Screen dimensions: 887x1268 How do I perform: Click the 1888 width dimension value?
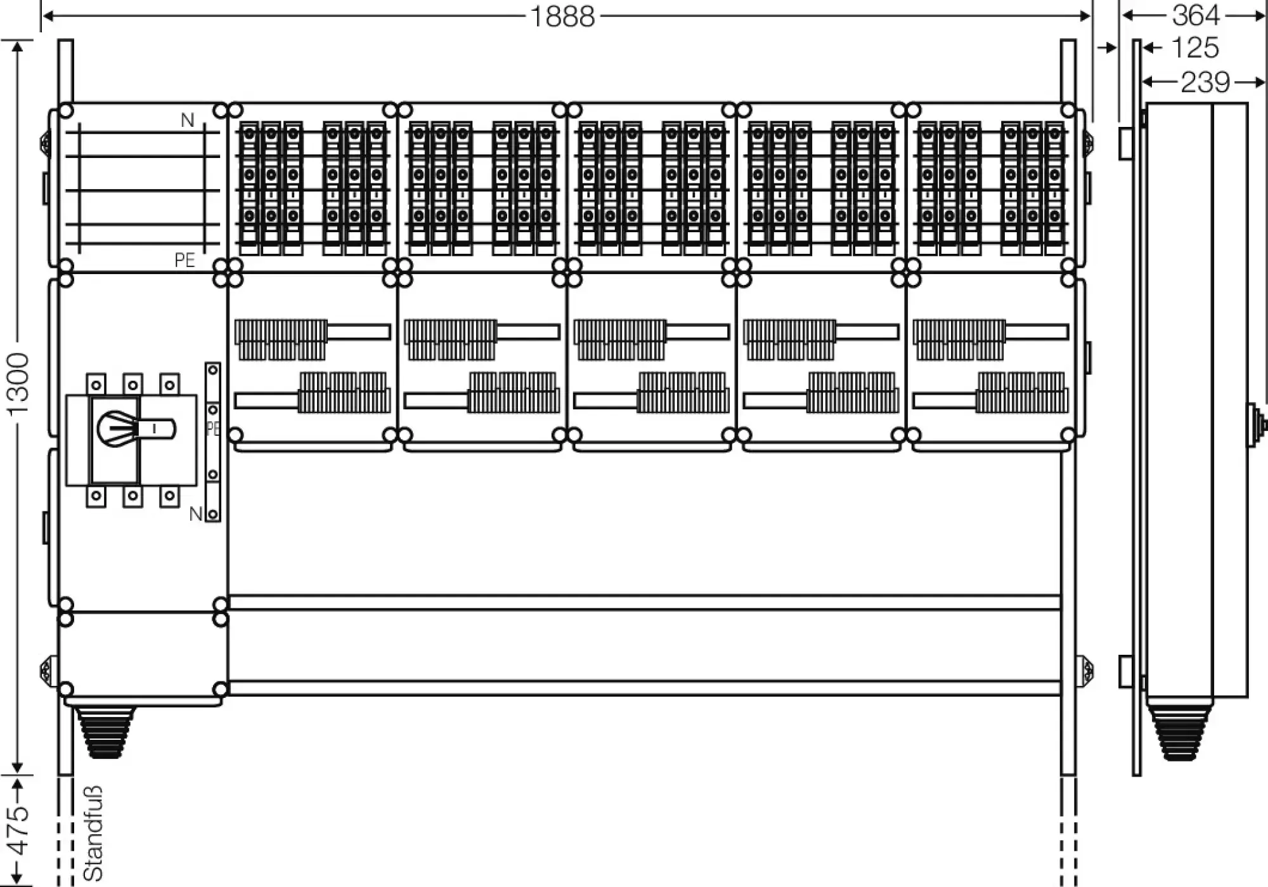(x=562, y=16)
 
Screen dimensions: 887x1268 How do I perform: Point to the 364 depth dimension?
(x=1196, y=15)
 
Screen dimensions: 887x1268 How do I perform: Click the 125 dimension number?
(x=1194, y=48)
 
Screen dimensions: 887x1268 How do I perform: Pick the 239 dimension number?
(x=1205, y=82)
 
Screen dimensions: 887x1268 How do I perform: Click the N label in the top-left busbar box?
(x=187, y=120)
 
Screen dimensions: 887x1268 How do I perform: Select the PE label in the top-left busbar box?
(x=184, y=260)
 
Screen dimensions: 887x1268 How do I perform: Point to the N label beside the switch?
(x=196, y=514)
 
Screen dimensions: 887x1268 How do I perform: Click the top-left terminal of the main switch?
(x=96, y=384)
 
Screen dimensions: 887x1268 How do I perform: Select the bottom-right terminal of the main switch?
(x=169, y=496)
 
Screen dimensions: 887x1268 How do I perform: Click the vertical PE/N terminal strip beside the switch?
(x=213, y=442)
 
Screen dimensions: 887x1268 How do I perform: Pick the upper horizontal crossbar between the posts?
(x=644, y=602)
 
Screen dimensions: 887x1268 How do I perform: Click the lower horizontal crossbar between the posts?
(x=644, y=688)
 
